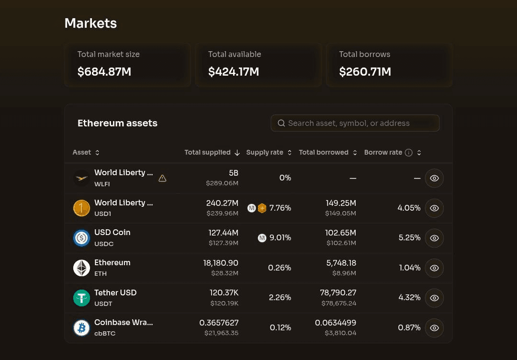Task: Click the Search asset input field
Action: (355, 123)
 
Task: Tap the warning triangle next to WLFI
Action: (162, 179)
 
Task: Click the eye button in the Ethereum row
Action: (434, 268)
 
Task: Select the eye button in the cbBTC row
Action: (434, 328)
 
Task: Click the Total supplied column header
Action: (207, 152)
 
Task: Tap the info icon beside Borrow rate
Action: (408, 153)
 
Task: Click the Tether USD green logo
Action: (81, 298)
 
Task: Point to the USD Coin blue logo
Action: (81, 238)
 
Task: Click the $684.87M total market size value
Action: (104, 71)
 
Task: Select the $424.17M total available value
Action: (234, 71)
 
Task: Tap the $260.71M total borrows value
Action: (365, 71)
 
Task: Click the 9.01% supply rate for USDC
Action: (280, 238)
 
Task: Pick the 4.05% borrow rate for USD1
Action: (409, 208)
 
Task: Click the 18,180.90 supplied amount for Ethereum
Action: (221, 263)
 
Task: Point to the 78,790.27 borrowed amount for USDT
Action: (338, 292)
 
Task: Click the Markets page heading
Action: (90, 23)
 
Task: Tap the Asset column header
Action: (82, 152)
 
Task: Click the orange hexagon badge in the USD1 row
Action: (262, 208)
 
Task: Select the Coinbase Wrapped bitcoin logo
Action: (81, 328)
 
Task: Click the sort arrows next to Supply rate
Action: (290, 153)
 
